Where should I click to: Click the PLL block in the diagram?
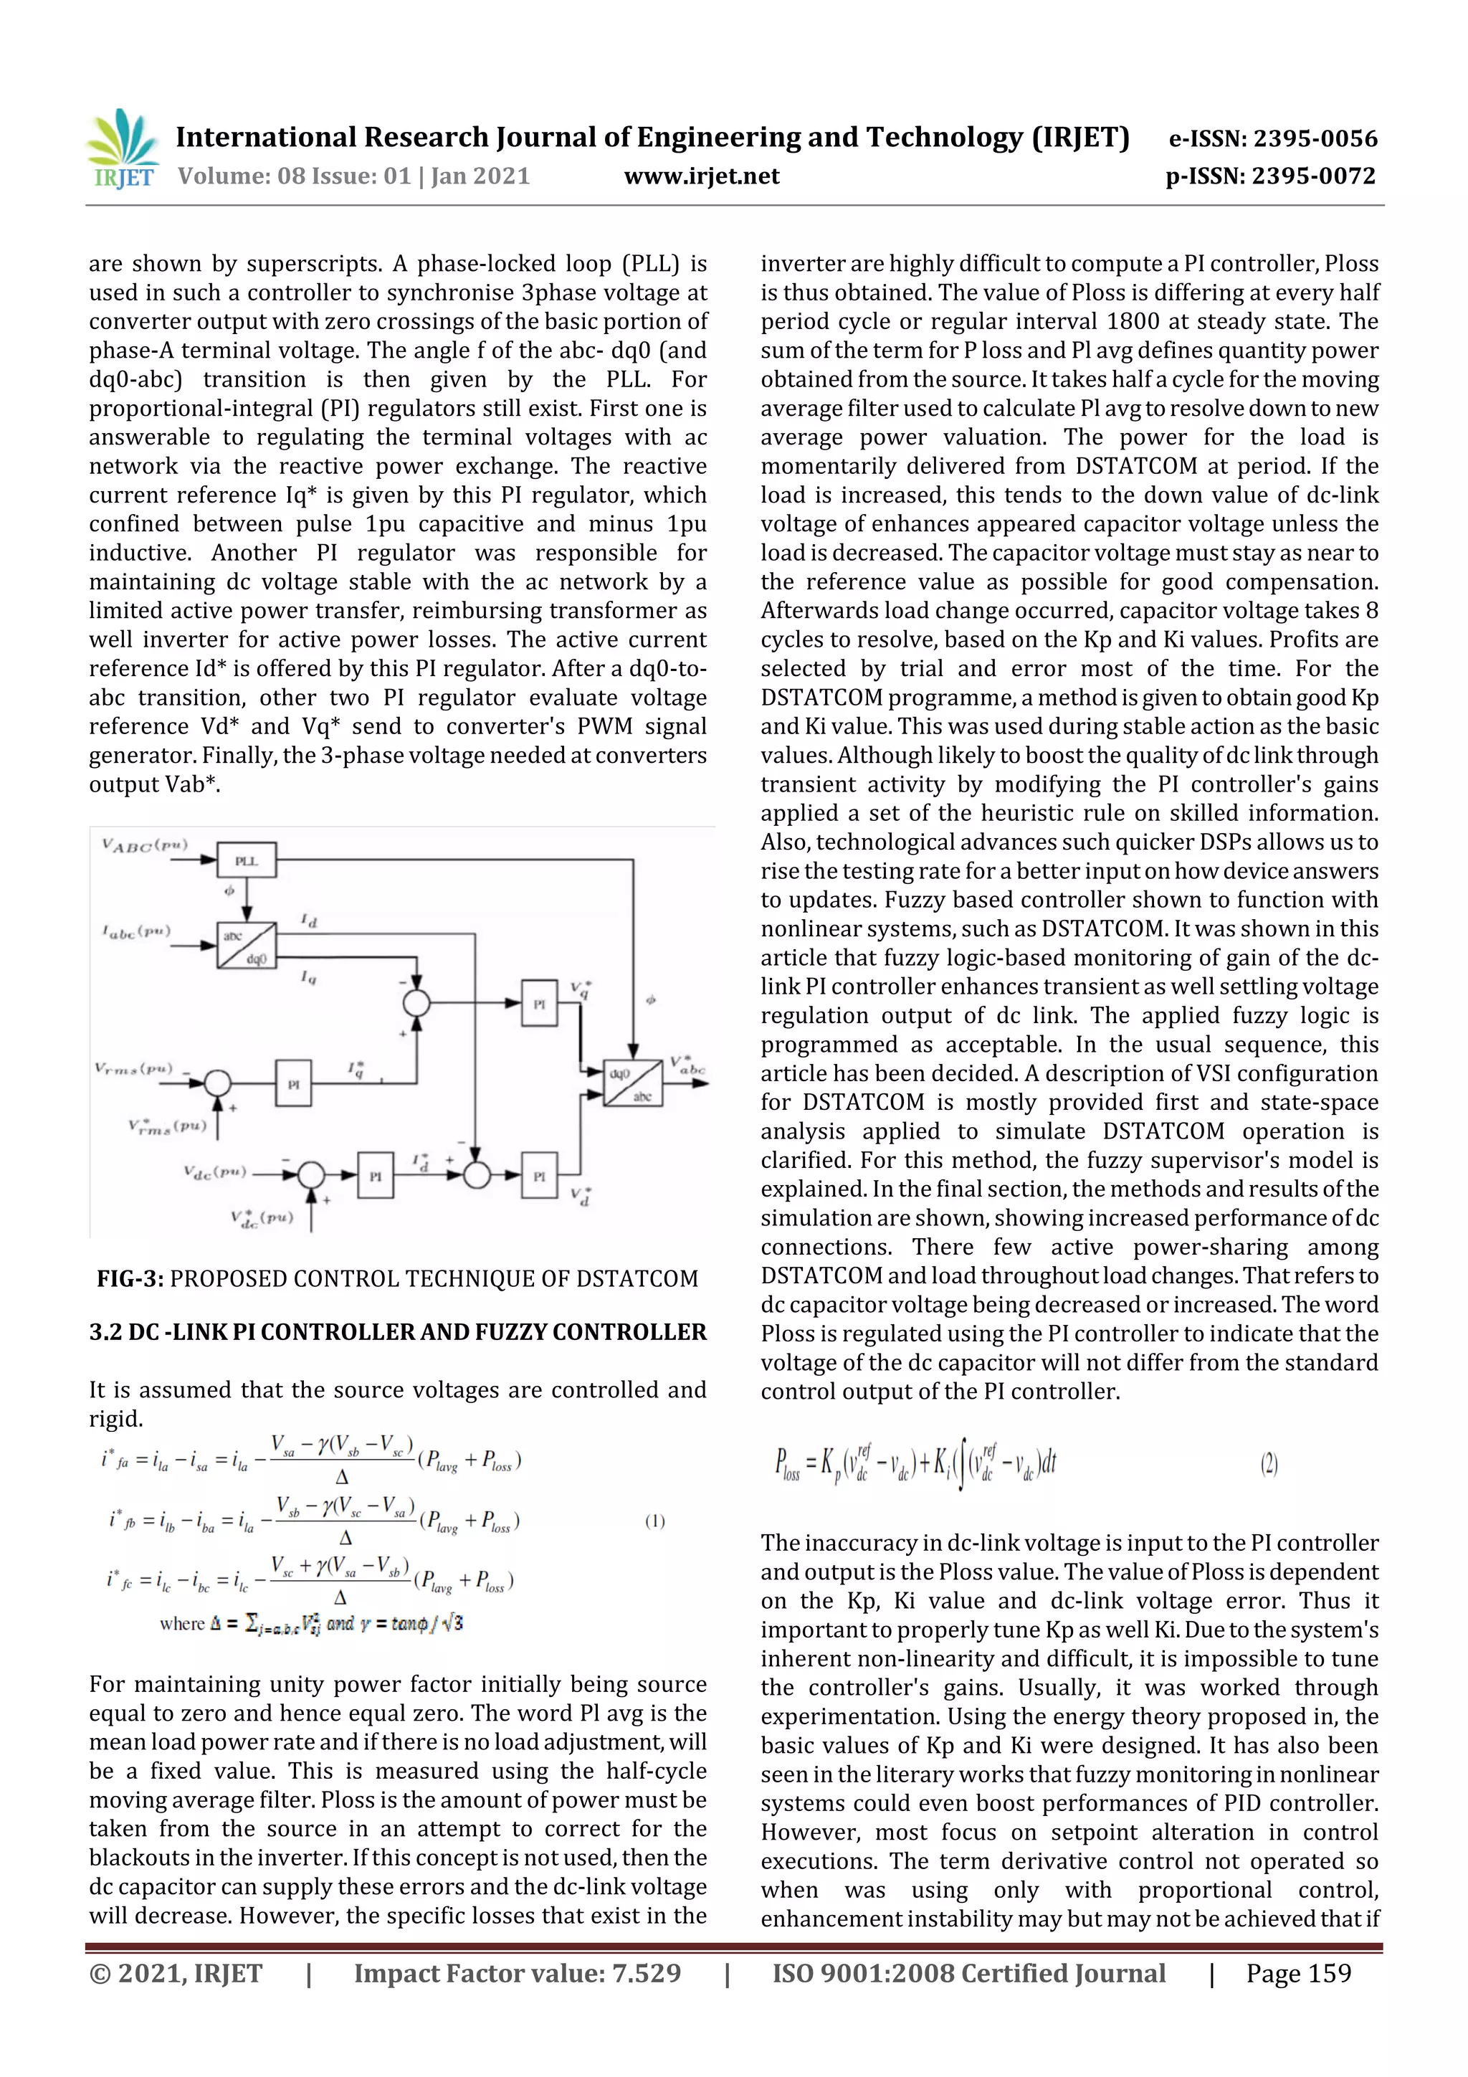(x=246, y=860)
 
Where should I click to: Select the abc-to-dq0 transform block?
(x=246, y=946)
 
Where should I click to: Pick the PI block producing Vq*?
(x=539, y=1002)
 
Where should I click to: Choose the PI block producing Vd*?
(x=539, y=1175)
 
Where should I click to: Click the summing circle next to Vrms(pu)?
(x=217, y=1082)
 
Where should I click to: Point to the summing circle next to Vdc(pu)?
(x=311, y=1175)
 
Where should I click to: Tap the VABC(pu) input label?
(x=145, y=846)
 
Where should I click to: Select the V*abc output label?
(x=687, y=1065)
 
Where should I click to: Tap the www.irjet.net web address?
(x=701, y=176)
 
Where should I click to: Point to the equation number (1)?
(x=655, y=1521)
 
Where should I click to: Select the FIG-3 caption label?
(x=130, y=1278)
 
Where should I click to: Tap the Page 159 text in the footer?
(x=1298, y=1973)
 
